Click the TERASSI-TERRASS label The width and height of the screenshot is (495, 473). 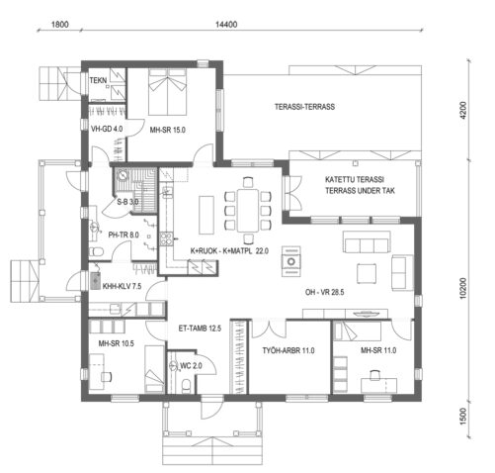(x=305, y=107)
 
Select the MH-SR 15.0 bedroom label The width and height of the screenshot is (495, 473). (x=169, y=130)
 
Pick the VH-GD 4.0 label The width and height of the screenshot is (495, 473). (x=107, y=130)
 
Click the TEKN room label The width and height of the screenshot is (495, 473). (x=99, y=80)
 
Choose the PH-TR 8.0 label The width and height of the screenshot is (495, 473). (x=124, y=235)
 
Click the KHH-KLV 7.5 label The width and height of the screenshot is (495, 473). (x=123, y=285)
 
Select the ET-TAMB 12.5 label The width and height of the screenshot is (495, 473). (x=199, y=328)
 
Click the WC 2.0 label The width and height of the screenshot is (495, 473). (x=193, y=366)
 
